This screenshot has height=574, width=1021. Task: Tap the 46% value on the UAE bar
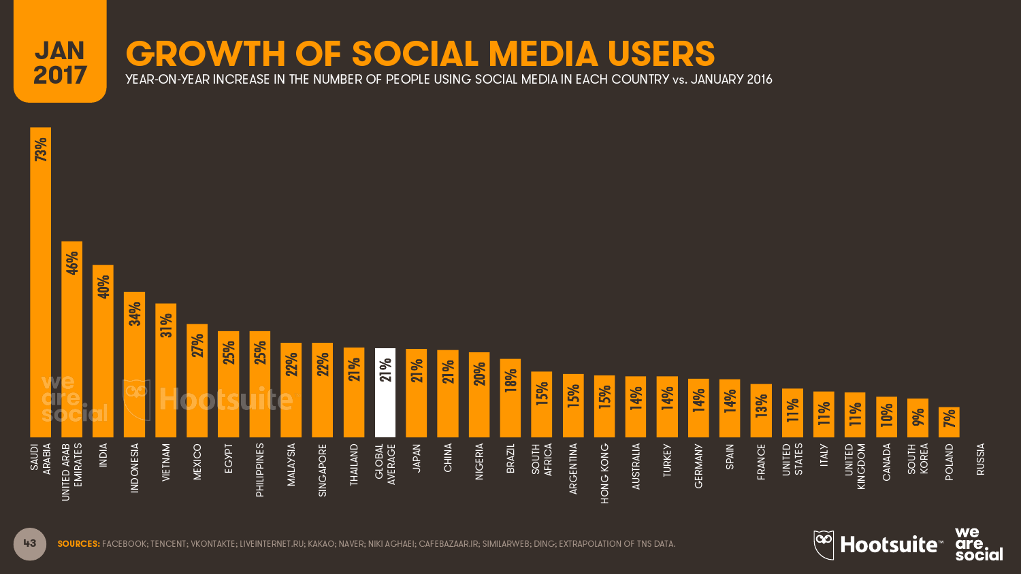(x=72, y=263)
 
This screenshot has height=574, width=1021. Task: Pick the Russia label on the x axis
(x=980, y=459)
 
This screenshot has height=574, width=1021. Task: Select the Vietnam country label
(x=166, y=462)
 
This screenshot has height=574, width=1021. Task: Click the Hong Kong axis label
(x=604, y=473)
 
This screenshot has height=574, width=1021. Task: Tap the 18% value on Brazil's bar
(x=510, y=379)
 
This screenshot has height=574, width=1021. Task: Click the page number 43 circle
(x=30, y=543)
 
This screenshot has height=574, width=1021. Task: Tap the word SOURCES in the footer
(x=78, y=544)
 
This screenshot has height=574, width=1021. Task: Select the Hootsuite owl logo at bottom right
(x=824, y=545)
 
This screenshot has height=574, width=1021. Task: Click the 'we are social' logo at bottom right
(x=978, y=544)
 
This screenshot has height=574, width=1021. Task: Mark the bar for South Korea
(x=918, y=419)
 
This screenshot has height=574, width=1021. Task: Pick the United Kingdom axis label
(x=855, y=466)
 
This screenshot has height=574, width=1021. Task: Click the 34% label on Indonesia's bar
(x=135, y=314)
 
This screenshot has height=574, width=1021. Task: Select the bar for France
(x=761, y=411)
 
